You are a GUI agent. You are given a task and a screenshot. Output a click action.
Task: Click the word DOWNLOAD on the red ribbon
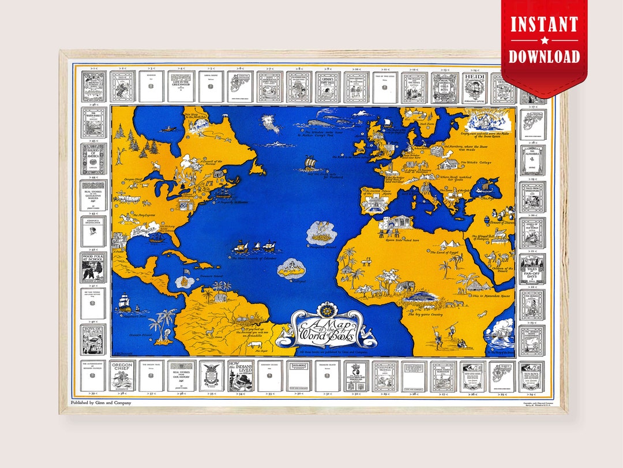(x=544, y=56)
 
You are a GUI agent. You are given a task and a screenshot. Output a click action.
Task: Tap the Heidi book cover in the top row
(x=474, y=87)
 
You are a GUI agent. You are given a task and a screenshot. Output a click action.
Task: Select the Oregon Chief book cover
(x=122, y=376)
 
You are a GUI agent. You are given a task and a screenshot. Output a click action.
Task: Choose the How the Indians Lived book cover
(x=240, y=376)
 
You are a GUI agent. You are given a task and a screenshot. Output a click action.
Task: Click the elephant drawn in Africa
(x=404, y=286)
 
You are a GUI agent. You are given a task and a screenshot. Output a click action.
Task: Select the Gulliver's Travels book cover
(x=385, y=376)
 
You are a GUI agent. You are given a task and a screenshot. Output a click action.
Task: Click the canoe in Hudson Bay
(x=167, y=129)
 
